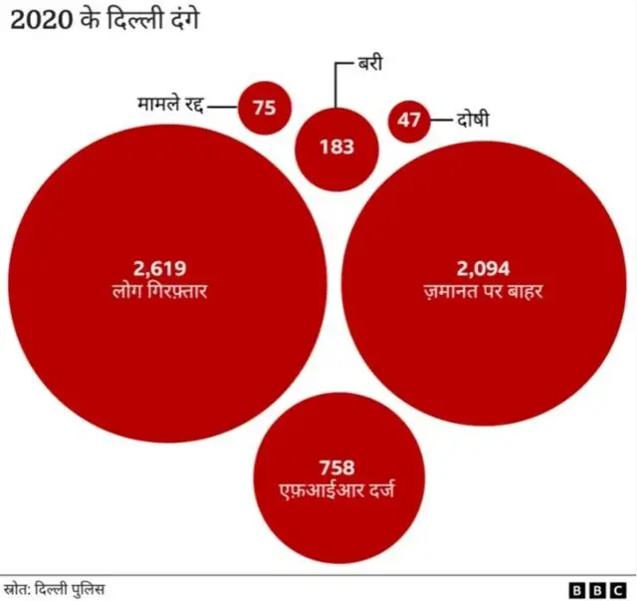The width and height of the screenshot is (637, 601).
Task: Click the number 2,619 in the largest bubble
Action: (160, 267)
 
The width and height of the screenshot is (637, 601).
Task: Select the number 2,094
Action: (483, 267)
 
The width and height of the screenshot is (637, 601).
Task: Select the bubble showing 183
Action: (337, 148)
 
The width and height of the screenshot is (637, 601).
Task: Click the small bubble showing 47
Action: (409, 121)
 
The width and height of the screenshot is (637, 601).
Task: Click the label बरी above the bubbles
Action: (371, 65)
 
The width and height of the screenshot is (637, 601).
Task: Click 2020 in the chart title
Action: (38, 19)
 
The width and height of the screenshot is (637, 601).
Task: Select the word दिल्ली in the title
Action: (131, 19)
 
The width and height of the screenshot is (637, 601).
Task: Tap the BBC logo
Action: (594, 589)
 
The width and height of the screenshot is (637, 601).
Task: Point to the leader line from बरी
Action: (337, 85)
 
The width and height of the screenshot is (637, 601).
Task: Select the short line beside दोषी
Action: (441, 121)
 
